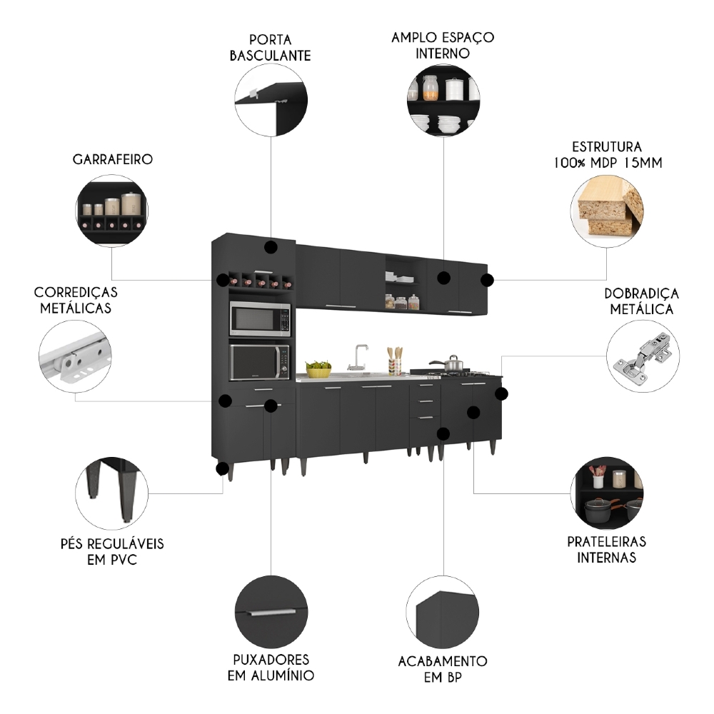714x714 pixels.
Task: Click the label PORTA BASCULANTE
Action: coord(270,47)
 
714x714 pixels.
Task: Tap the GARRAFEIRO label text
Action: coord(112,159)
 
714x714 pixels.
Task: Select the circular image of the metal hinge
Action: coord(643,355)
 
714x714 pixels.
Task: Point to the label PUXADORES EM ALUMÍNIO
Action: coord(271,667)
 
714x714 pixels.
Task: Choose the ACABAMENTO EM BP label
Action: coord(443,669)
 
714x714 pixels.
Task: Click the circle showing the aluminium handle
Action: coord(271,610)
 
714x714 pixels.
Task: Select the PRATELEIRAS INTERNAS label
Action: coord(607,550)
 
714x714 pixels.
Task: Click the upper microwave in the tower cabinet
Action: coord(260,318)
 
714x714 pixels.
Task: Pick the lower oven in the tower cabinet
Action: coord(260,362)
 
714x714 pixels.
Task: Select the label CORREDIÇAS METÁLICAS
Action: coord(76,300)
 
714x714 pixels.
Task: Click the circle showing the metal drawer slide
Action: coord(76,355)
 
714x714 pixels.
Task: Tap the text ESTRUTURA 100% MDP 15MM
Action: coord(607,154)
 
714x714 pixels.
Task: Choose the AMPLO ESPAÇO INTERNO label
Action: coord(443,44)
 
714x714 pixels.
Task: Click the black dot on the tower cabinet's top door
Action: coord(271,248)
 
